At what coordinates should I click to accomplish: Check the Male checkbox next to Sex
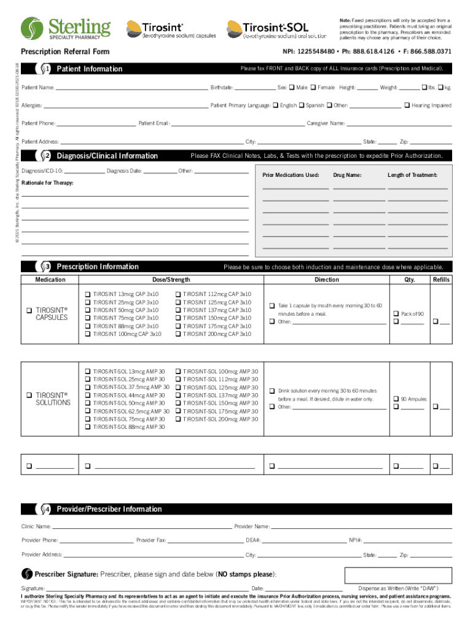[292, 88]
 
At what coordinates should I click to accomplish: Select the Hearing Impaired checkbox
[407, 106]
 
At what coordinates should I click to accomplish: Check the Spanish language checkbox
[302, 106]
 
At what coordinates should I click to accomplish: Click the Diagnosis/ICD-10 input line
[84, 172]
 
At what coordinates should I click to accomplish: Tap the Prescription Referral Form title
[65, 52]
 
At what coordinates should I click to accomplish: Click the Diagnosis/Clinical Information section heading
[107, 156]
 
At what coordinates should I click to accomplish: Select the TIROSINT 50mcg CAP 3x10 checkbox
[88, 310]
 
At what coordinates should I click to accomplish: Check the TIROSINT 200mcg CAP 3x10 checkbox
[178, 334]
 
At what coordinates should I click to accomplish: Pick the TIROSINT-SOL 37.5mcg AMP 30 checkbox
[88, 388]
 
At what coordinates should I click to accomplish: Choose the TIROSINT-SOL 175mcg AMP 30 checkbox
[178, 411]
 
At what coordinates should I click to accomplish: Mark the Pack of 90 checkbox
[396, 314]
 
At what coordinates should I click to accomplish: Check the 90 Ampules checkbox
[396, 399]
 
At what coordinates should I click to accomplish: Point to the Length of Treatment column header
[412, 176]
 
